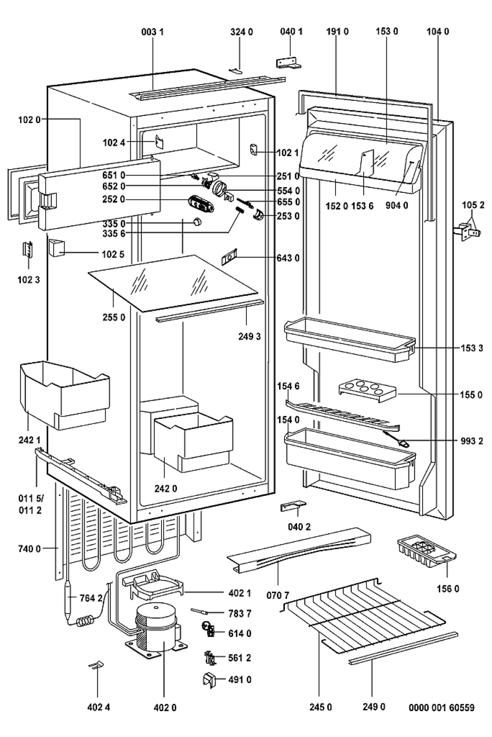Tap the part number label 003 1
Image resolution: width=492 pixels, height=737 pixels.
click(x=153, y=31)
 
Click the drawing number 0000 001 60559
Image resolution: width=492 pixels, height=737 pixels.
click(x=441, y=707)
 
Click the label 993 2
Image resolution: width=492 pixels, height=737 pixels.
click(x=471, y=441)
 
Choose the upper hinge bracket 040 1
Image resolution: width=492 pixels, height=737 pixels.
click(x=287, y=62)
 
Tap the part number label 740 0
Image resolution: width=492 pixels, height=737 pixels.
click(x=30, y=549)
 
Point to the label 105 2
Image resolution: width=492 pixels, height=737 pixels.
click(x=473, y=205)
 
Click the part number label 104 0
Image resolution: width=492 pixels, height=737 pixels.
click(x=437, y=31)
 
